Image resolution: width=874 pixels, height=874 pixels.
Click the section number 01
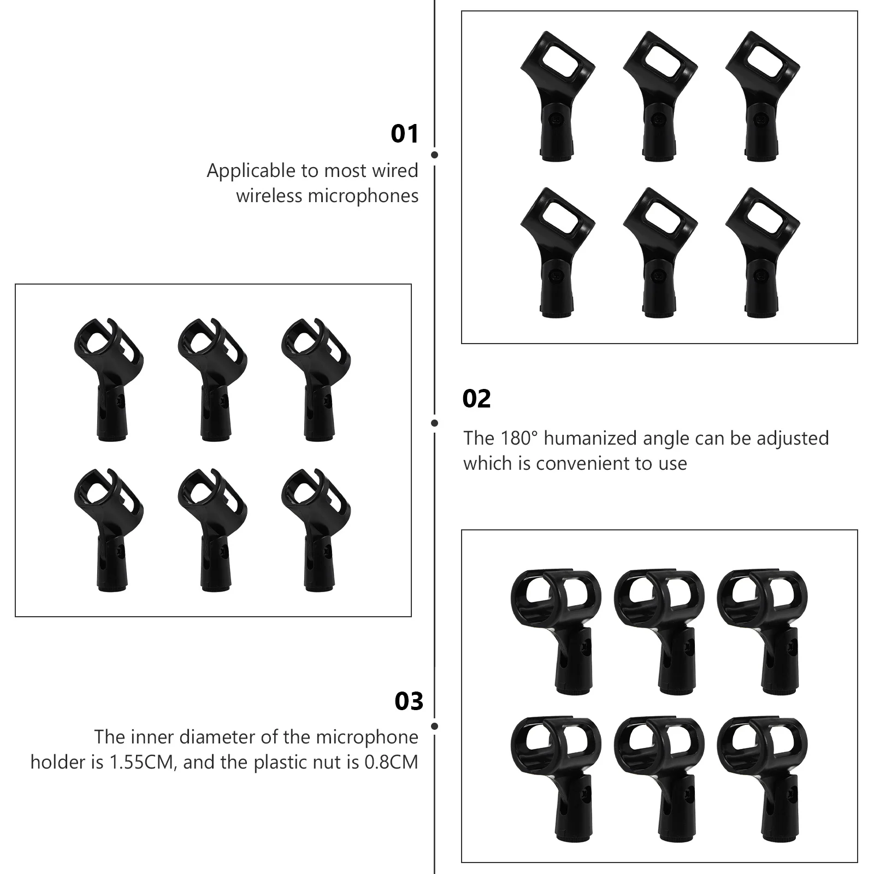[404, 134]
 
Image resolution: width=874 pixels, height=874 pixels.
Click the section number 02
[476, 399]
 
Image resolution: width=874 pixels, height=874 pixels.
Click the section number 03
[409, 702]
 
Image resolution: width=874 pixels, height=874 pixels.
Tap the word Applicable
[251, 171]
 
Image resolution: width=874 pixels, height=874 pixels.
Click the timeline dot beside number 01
[434, 155]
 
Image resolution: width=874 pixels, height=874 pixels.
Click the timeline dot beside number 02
[434, 423]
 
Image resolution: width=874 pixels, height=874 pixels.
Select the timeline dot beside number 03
[434, 727]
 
